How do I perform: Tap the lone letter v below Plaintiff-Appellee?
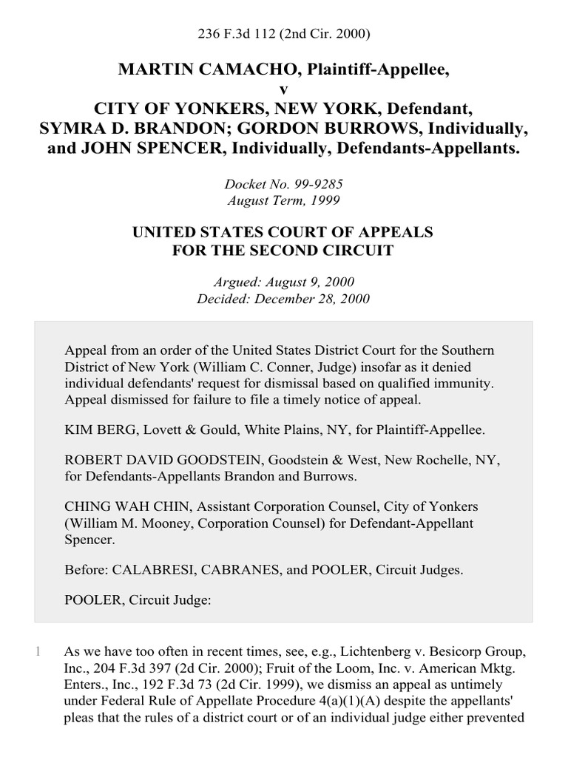pos(283,89)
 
